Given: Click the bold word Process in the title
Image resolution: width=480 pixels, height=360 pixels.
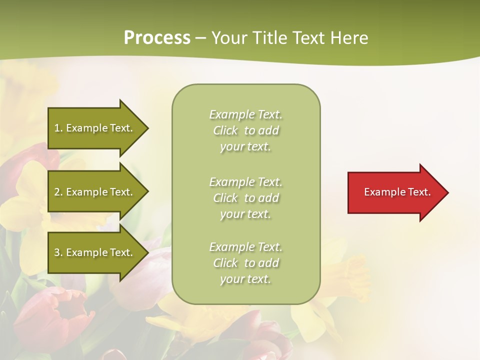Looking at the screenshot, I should pos(157,38).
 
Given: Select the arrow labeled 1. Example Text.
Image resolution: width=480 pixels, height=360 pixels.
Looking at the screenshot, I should pos(95,128).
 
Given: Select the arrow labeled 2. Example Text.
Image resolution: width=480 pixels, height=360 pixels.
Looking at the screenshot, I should pos(95,192).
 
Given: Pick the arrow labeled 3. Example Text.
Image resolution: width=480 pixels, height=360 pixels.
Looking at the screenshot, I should pos(95,252).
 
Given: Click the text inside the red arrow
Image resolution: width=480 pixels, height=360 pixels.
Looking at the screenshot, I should pos(397,192).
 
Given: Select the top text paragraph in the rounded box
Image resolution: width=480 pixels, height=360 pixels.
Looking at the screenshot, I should pos(245,130).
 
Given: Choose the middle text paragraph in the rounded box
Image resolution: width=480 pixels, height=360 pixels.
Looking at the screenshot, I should pos(245,198).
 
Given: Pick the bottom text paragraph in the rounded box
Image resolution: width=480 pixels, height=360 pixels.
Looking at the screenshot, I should pos(245,263).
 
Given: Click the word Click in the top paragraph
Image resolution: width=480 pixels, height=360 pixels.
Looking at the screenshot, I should pos(225,130).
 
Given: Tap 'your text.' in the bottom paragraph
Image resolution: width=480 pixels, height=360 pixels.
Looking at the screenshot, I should pos(245,279).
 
